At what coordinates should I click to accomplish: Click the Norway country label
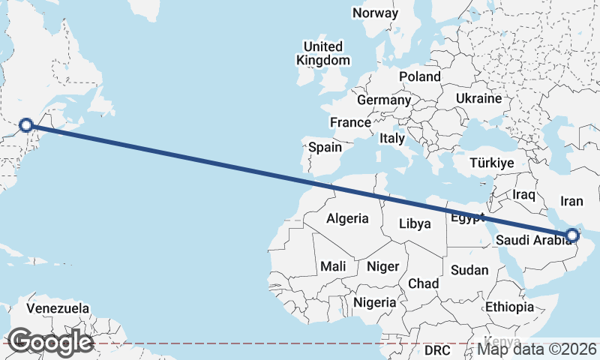(x=375, y=13)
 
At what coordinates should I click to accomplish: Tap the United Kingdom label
(x=323, y=53)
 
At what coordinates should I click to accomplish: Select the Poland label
(x=420, y=76)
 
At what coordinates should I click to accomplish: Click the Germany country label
(x=384, y=100)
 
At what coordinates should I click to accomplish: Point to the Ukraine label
(x=478, y=98)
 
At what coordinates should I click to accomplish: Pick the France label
(x=350, y=122)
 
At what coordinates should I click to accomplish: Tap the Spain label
(x=325, y=147)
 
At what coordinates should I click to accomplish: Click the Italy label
(x=392, y=138)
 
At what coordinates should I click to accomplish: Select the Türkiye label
(x=491, y=163)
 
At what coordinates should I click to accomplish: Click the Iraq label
(x=523, y=195)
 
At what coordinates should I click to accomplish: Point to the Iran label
(x=572, y=201)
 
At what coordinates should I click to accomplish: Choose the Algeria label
(x=347, y=218)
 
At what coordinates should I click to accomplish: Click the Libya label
(x=415, y=223)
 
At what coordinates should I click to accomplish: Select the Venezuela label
(x=58, y=308)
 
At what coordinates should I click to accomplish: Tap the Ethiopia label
(x=509, y=307)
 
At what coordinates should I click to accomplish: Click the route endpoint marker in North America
(x=26, y=125)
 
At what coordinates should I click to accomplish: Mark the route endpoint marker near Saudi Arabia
(x=572, y=235)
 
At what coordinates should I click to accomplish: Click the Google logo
(x=50, y=342)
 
